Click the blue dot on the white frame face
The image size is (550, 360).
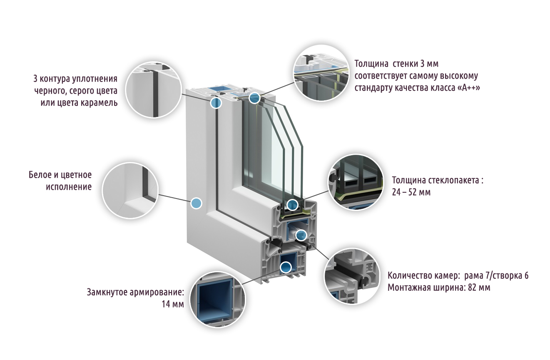pyautogui.click(x=196, y=203)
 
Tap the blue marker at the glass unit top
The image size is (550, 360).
pyautogui.click(x=254, y=98)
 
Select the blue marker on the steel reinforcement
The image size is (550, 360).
pyautogui.click(x=286, y=267)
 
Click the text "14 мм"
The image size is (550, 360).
pyautogui.click(x=172, y=304)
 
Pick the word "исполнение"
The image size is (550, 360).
pyautogui.click(x=68, y=186)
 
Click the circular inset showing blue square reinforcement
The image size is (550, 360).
pyautogui.click(x=218, y=300)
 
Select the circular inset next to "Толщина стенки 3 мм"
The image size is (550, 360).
pyautogui.click(x=320, y=74)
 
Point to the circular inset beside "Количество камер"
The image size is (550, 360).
pyautogui.click(x=352, y=276)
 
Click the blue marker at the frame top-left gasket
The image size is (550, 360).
pyautogui.click(x=216, y=103)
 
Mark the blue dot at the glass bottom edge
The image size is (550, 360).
pyautogui.click(x=293, y=204)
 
